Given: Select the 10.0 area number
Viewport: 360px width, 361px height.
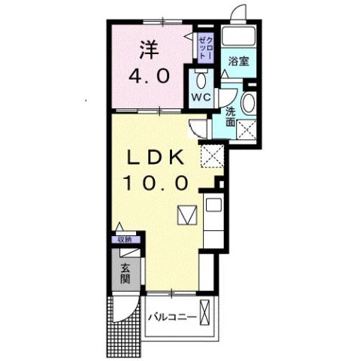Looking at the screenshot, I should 160,182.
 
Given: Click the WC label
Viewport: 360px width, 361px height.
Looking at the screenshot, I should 199,98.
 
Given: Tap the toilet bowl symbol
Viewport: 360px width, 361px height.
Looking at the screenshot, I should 201,79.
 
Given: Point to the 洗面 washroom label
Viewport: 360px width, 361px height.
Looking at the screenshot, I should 231,117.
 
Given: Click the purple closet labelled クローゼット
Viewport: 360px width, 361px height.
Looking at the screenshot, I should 205,47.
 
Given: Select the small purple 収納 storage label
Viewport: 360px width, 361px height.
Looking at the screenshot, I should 125,240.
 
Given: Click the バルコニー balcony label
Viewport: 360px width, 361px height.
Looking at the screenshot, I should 172,318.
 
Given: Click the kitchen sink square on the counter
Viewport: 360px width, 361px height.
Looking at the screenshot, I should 213,204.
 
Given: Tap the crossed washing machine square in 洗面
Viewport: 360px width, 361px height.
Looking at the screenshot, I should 245,129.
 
